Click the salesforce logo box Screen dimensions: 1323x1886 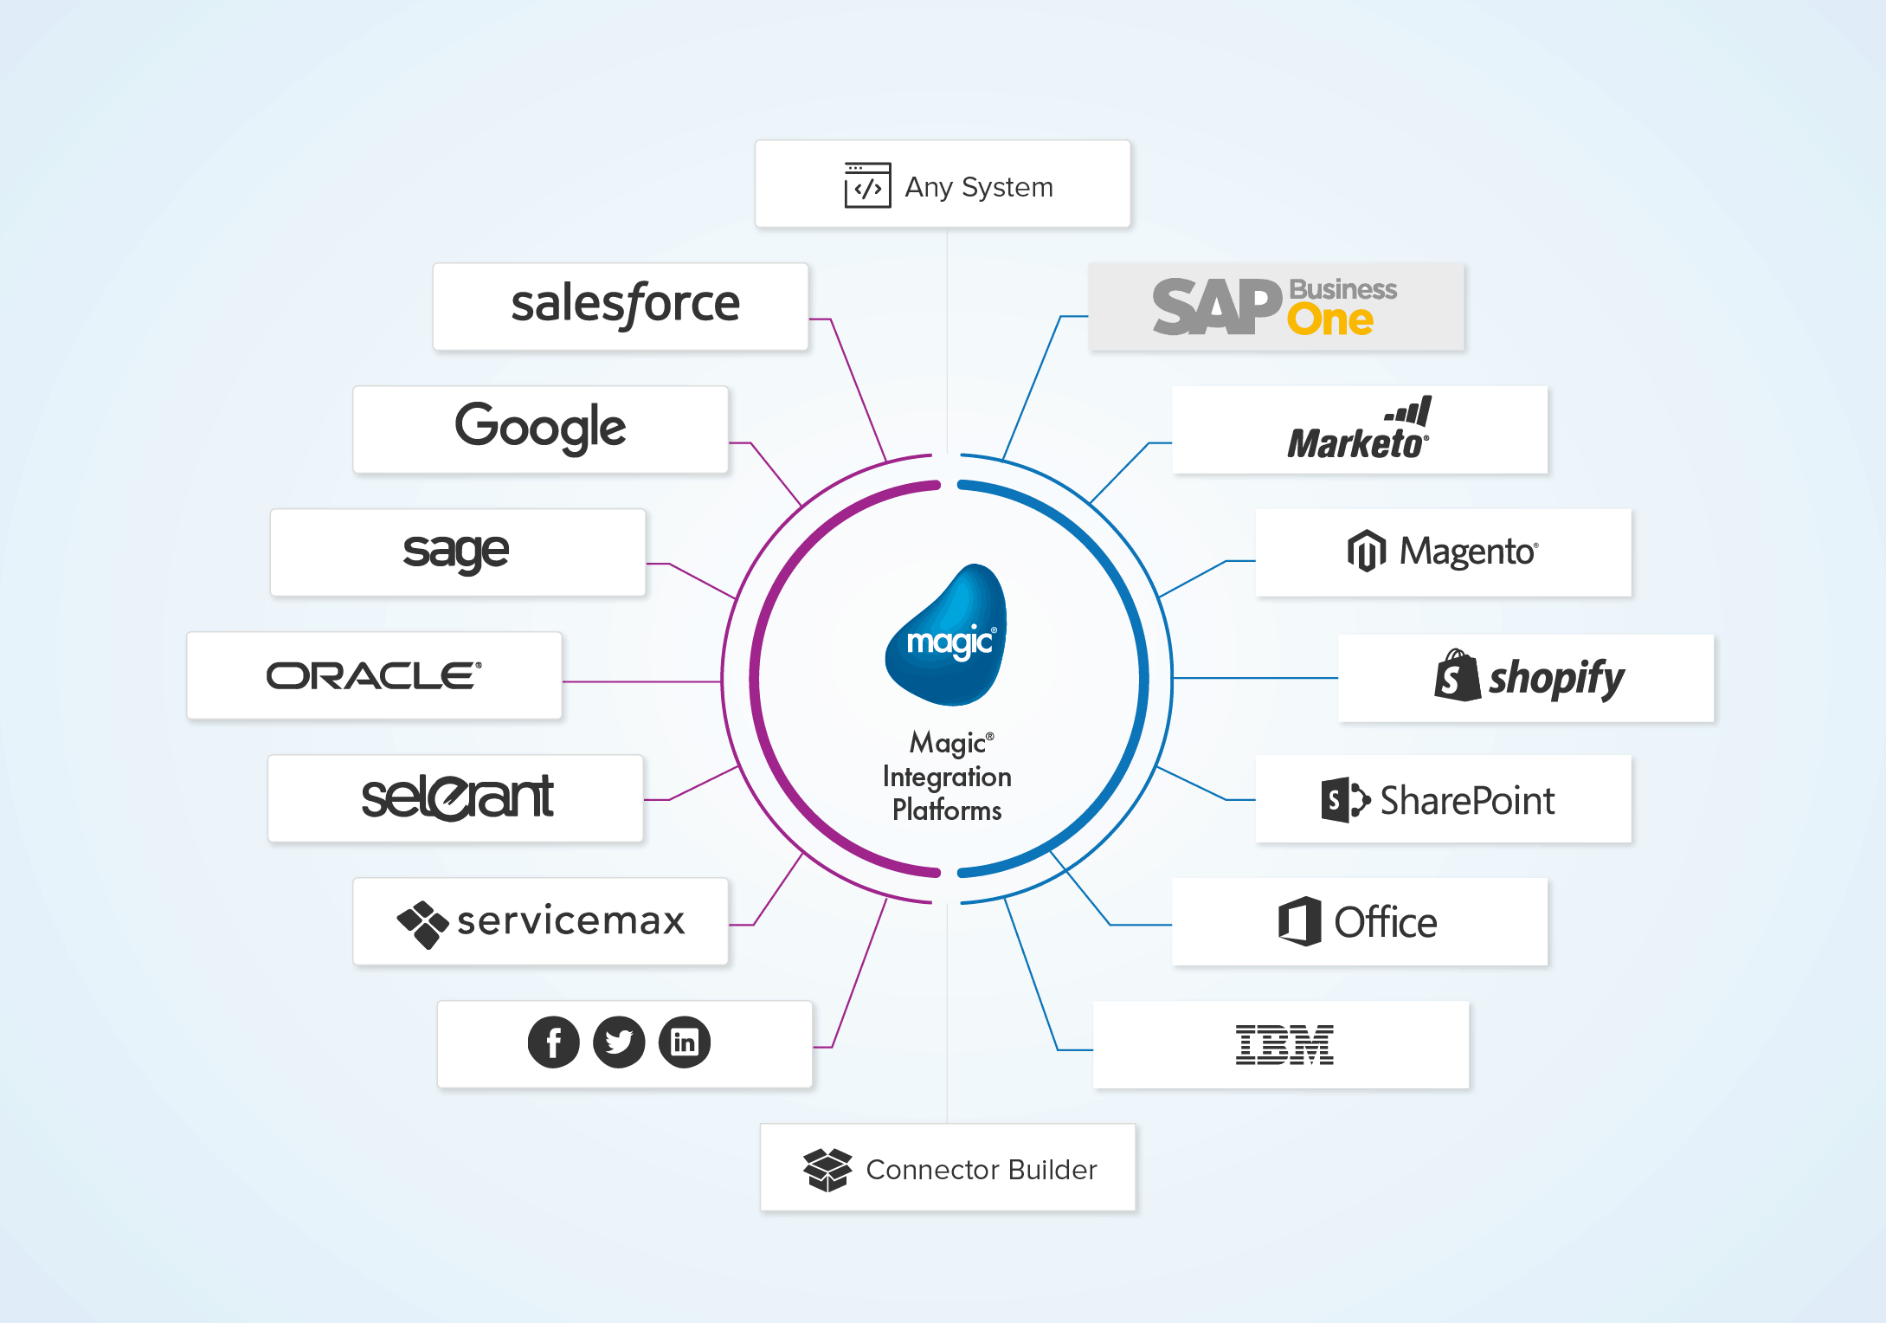point(621,307)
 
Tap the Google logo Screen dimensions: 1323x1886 point(540,428)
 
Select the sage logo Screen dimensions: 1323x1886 point(456,552)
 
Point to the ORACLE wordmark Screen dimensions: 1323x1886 point(373,676)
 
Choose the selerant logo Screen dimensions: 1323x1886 point(456,797)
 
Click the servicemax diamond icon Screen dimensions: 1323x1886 point(422,924)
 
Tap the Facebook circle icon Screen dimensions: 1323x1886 point(553,1042)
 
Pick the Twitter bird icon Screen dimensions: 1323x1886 point(619,1042)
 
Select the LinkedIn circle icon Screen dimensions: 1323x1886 point(685,1042)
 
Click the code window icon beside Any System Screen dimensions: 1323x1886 point(867,185)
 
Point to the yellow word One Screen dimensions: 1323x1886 point(1329,320)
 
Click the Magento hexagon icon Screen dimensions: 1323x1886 point(1367,551)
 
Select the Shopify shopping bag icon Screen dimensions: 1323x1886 point(1457,676)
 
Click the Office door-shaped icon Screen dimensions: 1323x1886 point(1299,921)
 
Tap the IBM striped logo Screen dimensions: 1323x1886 point(1284,1044)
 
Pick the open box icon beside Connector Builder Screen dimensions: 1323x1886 point(827,1170)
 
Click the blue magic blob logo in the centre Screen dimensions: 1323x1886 point(949,636)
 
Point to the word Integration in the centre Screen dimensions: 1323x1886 point(947,777)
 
